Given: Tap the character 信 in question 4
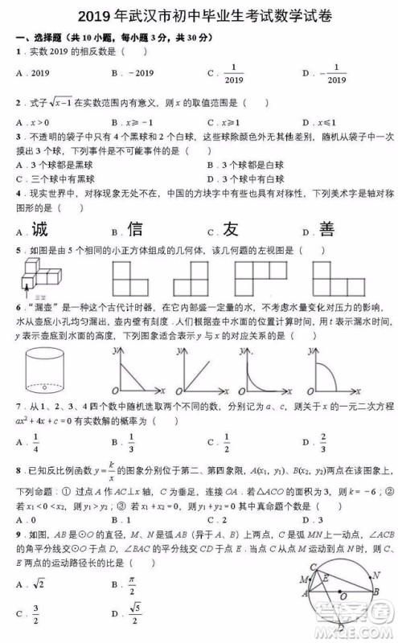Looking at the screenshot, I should [x=135, y=230].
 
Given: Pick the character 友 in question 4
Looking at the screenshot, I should [x=231, y=230].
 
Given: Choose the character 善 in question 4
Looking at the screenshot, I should [x=326, y=230].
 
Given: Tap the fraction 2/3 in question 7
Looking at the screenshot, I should [x=324, y=440].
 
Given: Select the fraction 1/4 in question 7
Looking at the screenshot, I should [x=36, y=440].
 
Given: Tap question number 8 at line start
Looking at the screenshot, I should [x=18, y=468].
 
